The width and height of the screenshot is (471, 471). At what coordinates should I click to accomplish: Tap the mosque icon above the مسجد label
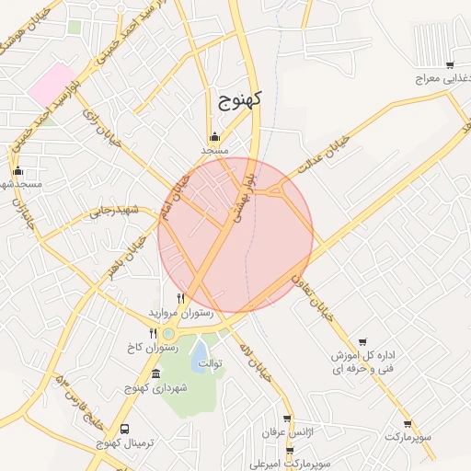214,136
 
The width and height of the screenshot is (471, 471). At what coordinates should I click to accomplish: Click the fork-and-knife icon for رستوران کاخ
153,333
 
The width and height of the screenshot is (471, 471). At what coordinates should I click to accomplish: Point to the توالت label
213,364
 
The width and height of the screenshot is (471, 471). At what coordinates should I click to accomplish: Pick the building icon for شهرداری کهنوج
155,374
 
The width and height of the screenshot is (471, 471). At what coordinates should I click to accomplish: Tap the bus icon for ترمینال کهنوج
125,429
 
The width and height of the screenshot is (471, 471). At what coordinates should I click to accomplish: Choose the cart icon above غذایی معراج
448,64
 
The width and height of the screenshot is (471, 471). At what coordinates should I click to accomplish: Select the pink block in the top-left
52,84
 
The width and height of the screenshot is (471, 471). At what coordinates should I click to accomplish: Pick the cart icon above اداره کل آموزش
362,342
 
